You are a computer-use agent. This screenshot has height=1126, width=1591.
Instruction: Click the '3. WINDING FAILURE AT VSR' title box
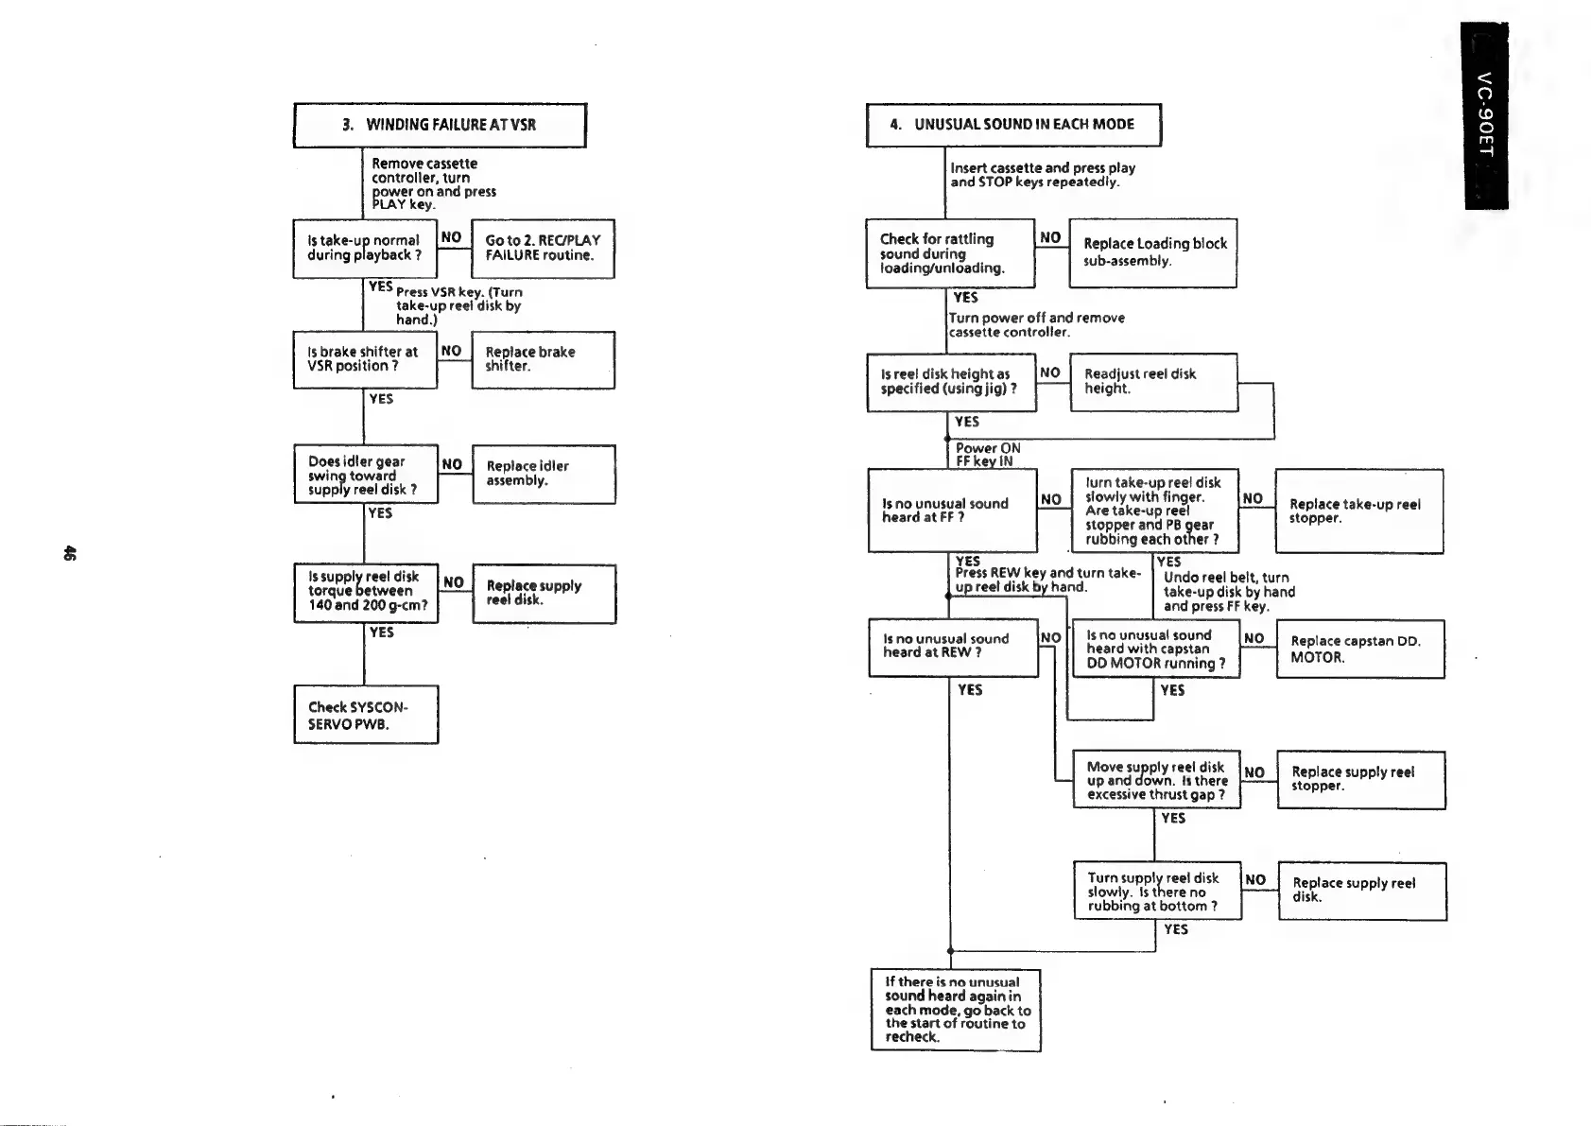pyautogui.click(x=440, y=125)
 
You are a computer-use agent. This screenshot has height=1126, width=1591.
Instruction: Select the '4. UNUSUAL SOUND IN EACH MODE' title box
pyautogui.click(x=1012, y=125)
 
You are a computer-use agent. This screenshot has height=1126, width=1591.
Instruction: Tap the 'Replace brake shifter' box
pyautogui.click(x=543, y=359)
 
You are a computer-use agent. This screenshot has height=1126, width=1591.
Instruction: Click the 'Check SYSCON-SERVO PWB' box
pyautogui.click(x=366, y=715)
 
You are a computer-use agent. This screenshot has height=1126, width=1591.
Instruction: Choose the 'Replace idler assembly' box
pyautogui.click(x=544, y=474)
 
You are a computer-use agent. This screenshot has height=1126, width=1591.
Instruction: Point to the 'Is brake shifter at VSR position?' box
pyautogui.click(x=365, y=359)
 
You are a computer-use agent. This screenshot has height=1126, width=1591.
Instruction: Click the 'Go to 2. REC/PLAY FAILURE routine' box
pyautogui.click(x=543, y=248)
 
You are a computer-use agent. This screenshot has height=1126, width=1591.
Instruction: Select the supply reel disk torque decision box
pyautogui.click(x=366, y=591)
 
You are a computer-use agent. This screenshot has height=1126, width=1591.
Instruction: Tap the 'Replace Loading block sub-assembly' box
pyautogui.click(x=1152, y=252)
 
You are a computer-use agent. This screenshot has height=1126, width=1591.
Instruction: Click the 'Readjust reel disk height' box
pyautogui.click(x=1153, y=382)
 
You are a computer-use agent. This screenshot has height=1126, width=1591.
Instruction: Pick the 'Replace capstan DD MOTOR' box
pyautogui.click(x=1359, y=649)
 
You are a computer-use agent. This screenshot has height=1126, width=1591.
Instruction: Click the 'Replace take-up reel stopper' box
pyautogui.click(x=1358, y=511)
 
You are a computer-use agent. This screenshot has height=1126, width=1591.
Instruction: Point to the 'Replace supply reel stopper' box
pyautogui.click(x=1360, y=779)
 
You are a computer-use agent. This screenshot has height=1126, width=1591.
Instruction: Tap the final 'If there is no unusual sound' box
pyautogui.click(x=955, y=1010)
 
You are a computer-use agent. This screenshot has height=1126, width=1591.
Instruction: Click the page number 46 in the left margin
pyautogui.click(x=68, y=553)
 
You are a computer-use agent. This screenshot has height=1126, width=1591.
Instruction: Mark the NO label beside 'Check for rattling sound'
pyautogui.click(x=1050, y=237)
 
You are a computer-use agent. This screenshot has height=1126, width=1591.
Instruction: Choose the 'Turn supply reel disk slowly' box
pyautogui.click(x=1157, y=891)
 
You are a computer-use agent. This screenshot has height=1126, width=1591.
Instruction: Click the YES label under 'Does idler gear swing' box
pyautogui.click(x=380, y=513)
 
